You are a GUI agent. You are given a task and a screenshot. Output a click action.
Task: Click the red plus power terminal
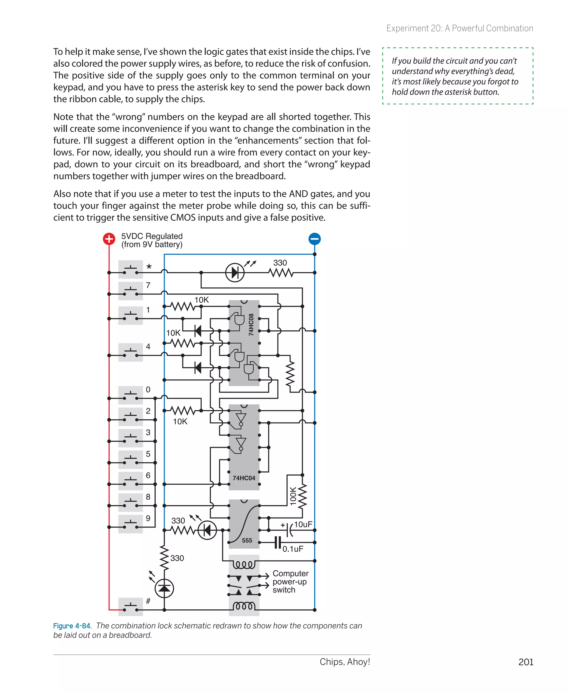[x=109, y=239]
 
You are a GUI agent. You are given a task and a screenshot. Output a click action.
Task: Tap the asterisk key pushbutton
[x=131, y=270]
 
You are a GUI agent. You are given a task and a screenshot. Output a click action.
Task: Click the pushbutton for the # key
[x=131, y=607]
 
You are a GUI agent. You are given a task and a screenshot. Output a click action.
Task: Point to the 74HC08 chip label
[x=251, y=324]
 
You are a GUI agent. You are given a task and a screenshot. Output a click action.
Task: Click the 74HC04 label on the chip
[x=244, y=478]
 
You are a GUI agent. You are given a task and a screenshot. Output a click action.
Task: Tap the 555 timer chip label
[x=247, y=540]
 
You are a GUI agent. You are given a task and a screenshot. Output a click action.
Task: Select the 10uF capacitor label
[x=303, y=524]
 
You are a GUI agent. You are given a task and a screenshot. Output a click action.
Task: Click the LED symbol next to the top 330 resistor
[x=235, y=272]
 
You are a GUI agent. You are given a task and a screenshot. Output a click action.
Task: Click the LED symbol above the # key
[x=164, y=588]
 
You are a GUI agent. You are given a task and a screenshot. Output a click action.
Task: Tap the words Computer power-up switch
[x=290, y=581]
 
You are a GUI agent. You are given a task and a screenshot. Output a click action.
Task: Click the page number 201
[x=525, y=662]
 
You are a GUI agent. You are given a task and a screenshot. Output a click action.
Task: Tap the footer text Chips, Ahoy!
[x=345, y=662]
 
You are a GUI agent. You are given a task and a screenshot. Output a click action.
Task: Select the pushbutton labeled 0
[x=131, y=395]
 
